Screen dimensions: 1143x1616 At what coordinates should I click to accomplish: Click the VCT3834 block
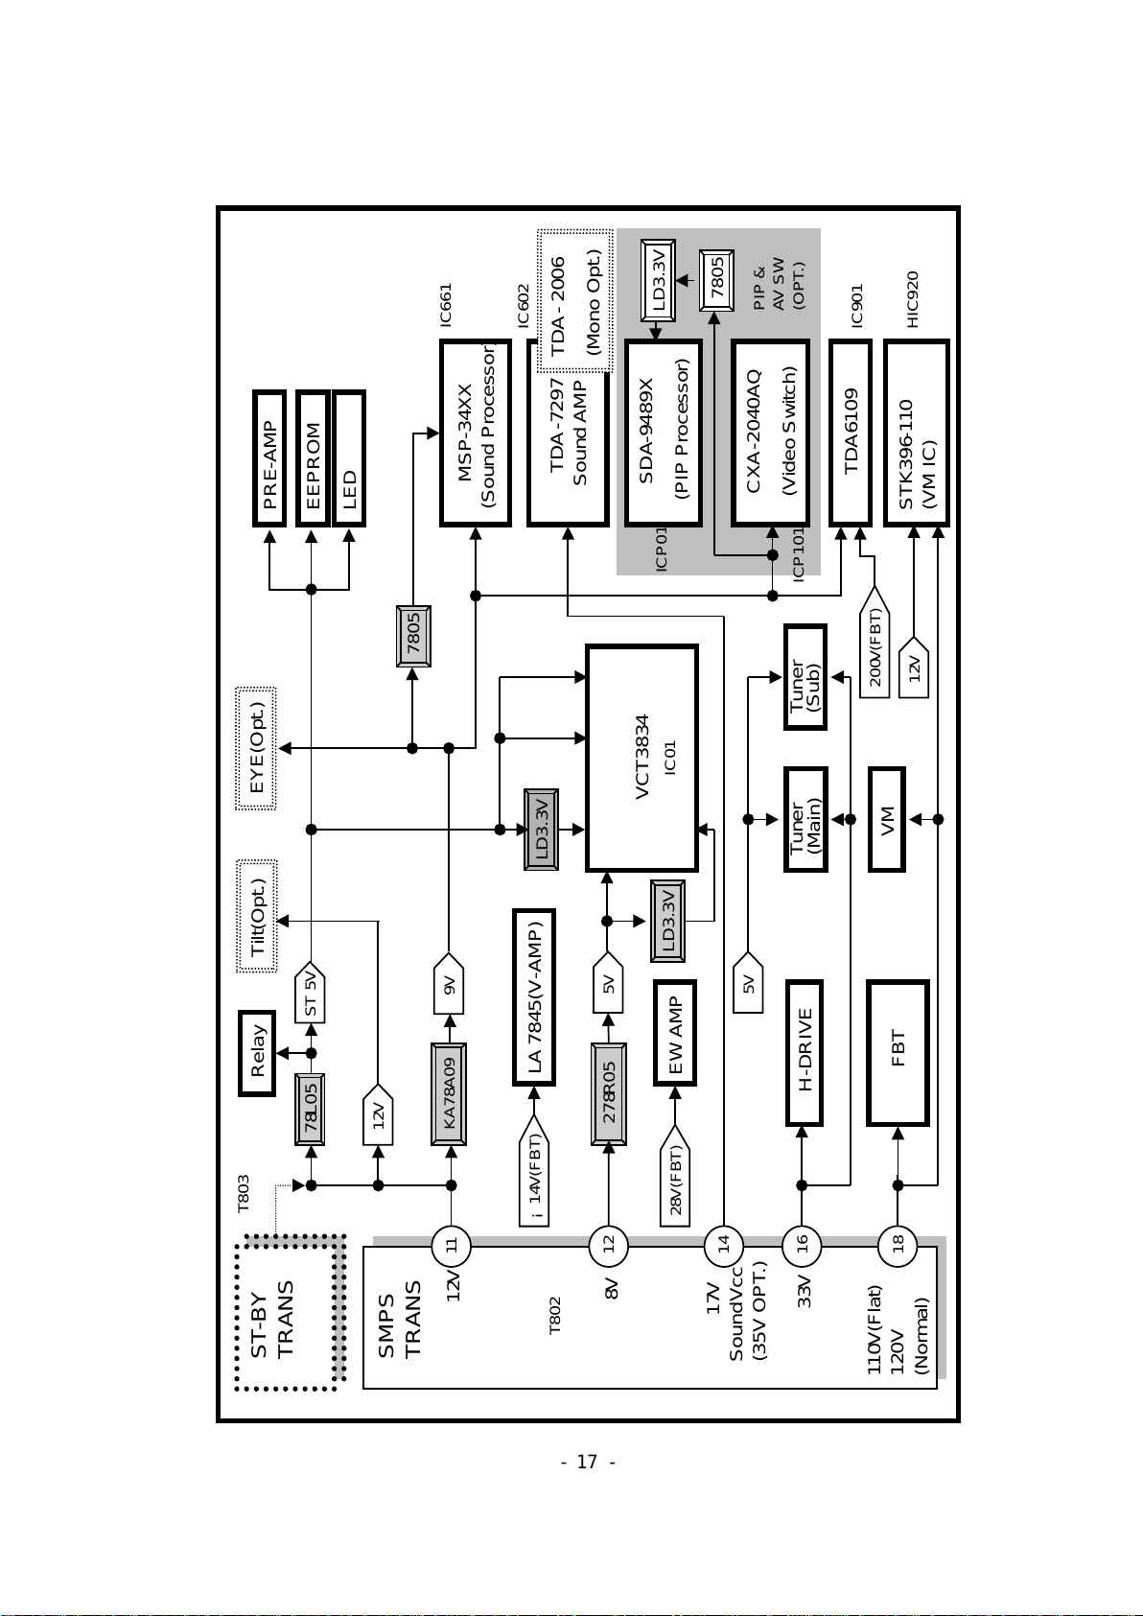[641, 758]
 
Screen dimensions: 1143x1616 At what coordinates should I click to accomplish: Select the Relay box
[257, 1053]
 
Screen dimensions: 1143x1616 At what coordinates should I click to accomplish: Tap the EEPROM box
[313, 458]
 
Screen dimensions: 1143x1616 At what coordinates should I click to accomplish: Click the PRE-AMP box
[269, 458]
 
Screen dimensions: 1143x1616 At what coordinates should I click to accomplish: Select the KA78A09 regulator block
[449, 1093]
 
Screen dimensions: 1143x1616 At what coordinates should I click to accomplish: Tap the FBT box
[898, 1053]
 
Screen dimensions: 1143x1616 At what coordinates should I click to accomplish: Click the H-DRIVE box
[805, 1053]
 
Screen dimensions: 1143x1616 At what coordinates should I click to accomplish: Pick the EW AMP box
[675, 1032]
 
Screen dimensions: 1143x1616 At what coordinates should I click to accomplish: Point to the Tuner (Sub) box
[805, 677]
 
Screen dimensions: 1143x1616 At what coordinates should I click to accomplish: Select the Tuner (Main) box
[805, 820]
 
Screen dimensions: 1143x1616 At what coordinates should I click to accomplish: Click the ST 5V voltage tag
[310, 992]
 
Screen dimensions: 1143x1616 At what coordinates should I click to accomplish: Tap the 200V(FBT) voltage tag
[874, 642]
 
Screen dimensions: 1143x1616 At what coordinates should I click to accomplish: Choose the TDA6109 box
[851, 433]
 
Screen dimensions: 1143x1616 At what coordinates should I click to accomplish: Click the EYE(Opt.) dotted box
[256, 748]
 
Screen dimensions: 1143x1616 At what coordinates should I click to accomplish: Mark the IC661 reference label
[446, 304]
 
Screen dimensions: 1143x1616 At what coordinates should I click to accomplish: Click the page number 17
[587, 1463]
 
